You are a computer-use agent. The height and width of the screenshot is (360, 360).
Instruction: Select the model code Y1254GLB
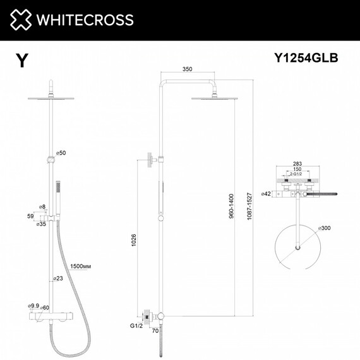pyautogui.click(x=306, y=59)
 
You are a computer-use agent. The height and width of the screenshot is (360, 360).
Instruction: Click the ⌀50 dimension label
pyautogui.click(x=61, y=153)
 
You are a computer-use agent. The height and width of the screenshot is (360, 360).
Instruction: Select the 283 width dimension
pyautogui.click(x=297, y=163)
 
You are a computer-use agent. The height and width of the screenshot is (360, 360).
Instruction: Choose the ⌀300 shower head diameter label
pyautogui.click(x=325, y=227)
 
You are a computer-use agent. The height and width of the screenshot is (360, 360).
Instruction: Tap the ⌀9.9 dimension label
pyautogui.click(x=33, y=306)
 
